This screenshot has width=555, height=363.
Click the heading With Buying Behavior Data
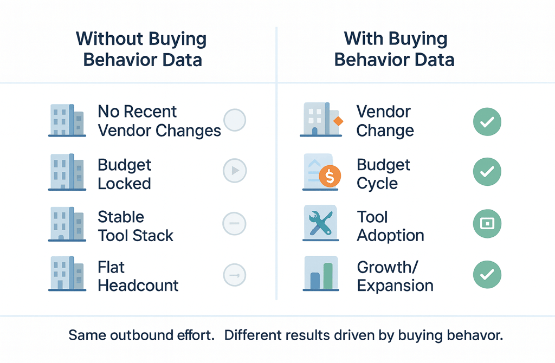tap(395, 49)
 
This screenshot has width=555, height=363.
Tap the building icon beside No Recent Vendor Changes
tap(67, 120)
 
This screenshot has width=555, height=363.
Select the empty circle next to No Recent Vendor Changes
tap(235, 120)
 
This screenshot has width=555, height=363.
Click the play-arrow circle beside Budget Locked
tap(235, 171)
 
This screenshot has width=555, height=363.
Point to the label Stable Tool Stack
tap(135, 226)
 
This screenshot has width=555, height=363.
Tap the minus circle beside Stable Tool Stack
tap(235, 223)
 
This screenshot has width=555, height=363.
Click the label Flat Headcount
tap(138, 276)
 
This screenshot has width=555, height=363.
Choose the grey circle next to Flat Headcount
tap(235, 275)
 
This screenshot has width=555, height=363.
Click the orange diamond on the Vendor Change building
tap(337, 121)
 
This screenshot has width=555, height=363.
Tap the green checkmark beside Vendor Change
tap(487, 121)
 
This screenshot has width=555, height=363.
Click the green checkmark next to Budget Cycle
tap(487, 172)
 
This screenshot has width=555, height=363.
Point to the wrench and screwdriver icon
tap(320, 223)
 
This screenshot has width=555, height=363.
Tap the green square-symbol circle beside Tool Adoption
tap(487, 223)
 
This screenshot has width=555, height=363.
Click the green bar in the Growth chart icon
tap(328, 277)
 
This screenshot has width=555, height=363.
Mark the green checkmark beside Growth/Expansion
tap(487, 275)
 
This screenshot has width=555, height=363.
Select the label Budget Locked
tap(125, 174)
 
